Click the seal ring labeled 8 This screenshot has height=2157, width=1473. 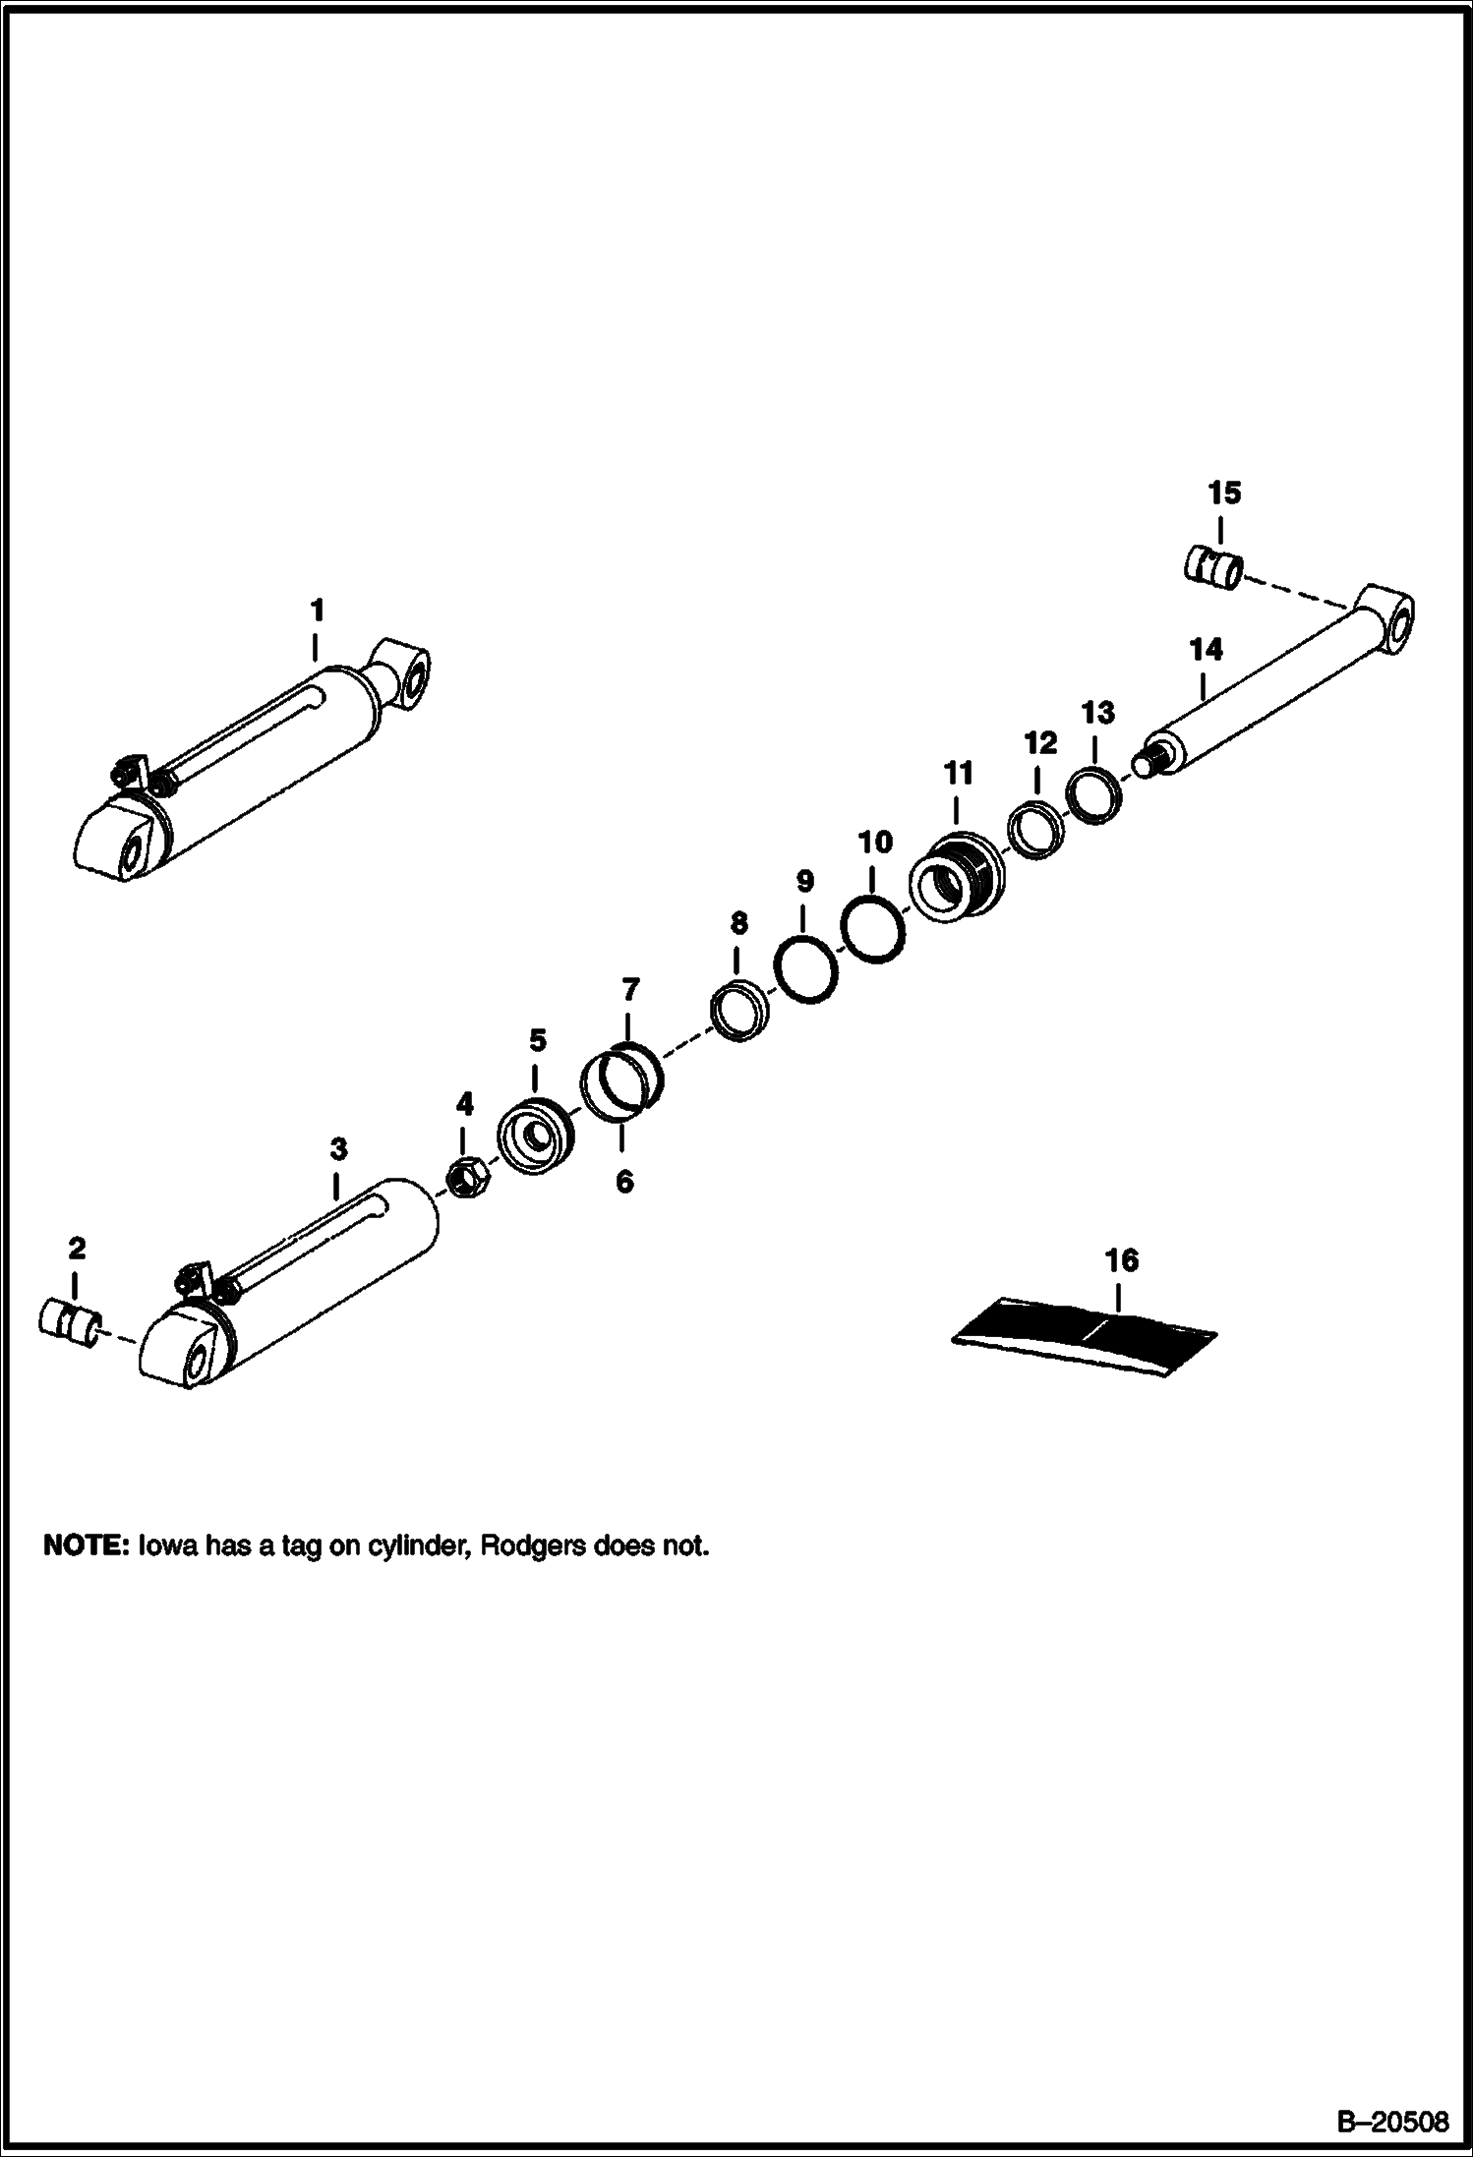[738, 1011]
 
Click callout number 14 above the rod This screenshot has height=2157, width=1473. [1206, 650]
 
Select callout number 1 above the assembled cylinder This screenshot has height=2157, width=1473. [317, 612]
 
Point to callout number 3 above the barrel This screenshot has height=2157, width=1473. [337, 1148]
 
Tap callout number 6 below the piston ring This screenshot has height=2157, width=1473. [625, 1181]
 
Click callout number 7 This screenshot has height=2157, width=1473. [630, 989]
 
